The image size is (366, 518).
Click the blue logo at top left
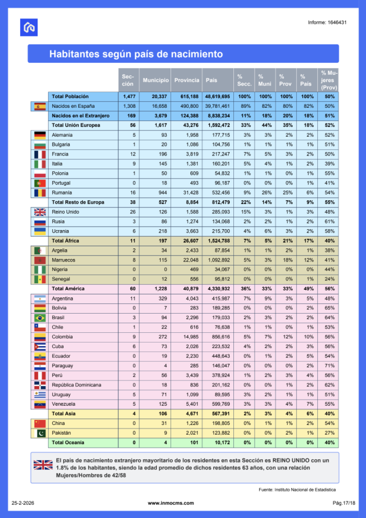[x=29, y=27]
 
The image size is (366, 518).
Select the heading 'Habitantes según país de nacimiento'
[x=136, y=54]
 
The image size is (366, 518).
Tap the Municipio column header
[x=156, y=80]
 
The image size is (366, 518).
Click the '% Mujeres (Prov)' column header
[x=330, y=80]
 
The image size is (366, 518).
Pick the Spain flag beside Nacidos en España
[x=39, y=106]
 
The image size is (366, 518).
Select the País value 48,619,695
[x=217, y=97]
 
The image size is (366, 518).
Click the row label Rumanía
[x=61, y=192]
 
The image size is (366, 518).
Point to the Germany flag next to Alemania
[x=39, y=135]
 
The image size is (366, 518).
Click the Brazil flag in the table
[x=39, y=318]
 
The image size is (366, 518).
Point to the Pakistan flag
[x=39, y=433]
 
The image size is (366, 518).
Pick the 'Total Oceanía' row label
[x=68, y=443]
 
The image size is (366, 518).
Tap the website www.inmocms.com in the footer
[x=171, y=503]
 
